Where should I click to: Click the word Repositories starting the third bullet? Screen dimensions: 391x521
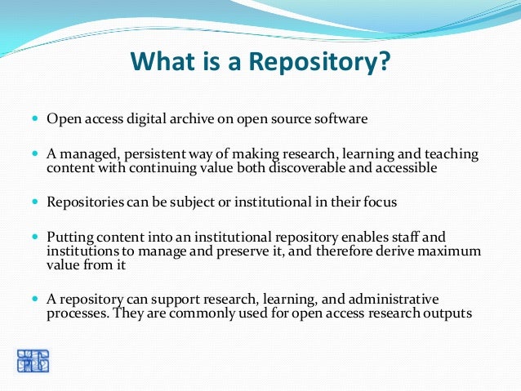[84, 201]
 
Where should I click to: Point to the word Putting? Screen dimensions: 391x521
[68, 236]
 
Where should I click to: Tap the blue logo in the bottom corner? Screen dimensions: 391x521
[33, 362]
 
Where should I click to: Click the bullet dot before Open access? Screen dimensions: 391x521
[34, 119]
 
